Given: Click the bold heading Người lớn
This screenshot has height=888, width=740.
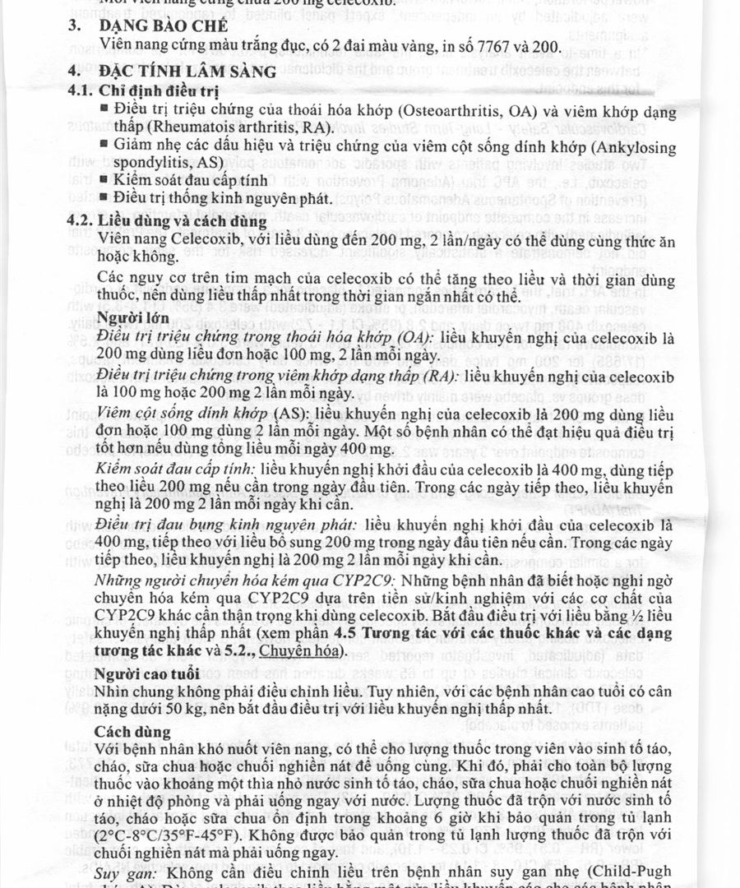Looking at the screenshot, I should pos(134,317).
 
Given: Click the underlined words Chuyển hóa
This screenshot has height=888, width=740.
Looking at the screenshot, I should pos(311,651).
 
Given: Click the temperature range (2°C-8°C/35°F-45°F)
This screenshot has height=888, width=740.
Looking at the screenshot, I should pos(169,835).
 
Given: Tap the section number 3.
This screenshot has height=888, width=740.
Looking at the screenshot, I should pos(73,25).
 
